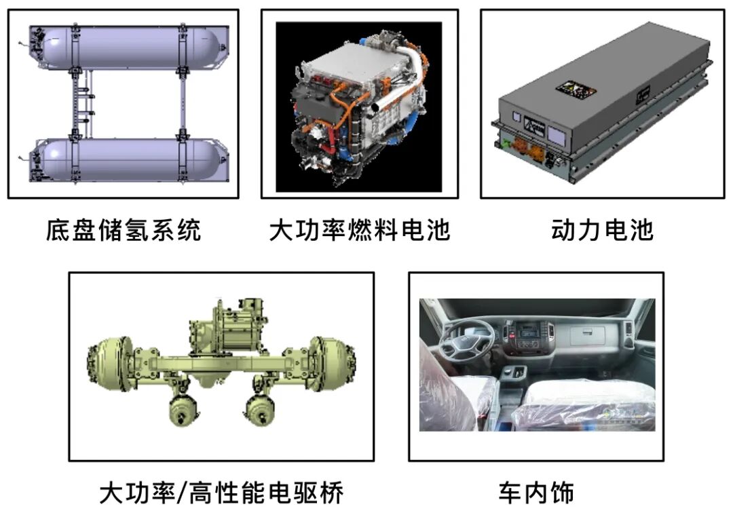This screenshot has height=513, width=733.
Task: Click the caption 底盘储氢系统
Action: coord(124,230)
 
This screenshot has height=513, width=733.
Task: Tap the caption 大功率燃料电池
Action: coord(360,230)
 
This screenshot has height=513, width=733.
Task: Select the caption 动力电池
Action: coord(602,230)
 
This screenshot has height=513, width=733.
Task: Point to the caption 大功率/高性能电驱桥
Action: coord(221,493)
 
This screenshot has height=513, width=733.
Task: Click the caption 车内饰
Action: coord(536,493)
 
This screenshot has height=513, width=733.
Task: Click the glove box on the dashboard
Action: coord(590,332)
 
